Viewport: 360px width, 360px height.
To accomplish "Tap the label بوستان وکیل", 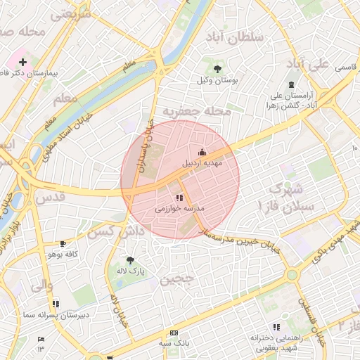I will coord(217,82).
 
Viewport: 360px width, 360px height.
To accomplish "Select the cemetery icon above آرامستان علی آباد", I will coord(291,83).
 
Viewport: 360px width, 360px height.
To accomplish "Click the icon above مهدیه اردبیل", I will coord(202,152).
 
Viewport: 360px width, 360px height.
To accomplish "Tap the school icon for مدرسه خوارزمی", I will coord(179,198).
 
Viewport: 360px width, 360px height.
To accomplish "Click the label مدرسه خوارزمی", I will coord(179,209).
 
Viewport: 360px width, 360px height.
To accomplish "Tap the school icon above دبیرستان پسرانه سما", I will coord(56,304).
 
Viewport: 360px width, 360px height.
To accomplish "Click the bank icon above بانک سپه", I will coord(174,333).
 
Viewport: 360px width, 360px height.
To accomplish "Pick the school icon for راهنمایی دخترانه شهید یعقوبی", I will coord(276,327).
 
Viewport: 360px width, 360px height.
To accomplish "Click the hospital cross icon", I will coord(22,62).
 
